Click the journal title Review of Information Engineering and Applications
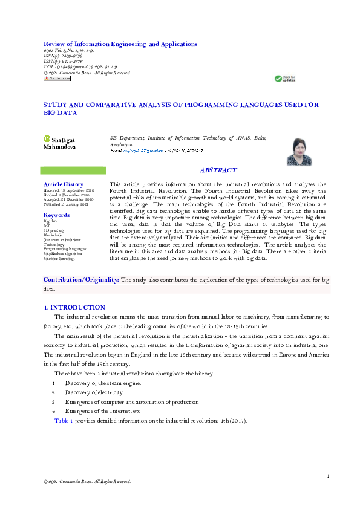tap(120, 44)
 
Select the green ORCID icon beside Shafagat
tap(47, 140)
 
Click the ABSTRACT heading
tap(218, 171)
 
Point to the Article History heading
tap(64, 184)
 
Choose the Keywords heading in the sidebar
tap(57, 215)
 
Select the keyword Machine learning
tap(59, 259)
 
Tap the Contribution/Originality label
tap(81, 280)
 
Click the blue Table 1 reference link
tap(64, 420)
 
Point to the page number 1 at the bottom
tap(328, 477)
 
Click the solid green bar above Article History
tap(73, 171)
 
